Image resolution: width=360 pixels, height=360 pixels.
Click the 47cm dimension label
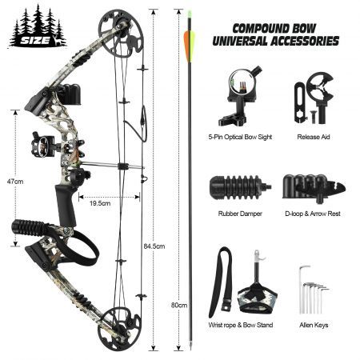pos(15,182)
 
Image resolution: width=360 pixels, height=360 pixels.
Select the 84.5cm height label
pos(154,246)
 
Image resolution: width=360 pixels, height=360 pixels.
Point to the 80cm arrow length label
pos(179,305)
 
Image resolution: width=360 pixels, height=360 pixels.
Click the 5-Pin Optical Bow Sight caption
pos(240,137)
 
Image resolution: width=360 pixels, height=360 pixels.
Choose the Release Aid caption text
pos(314,137)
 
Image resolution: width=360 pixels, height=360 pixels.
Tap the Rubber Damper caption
pos(240,214)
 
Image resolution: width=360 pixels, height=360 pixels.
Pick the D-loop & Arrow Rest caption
pos(313,214)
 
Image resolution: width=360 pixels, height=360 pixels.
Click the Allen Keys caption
pos(314,325)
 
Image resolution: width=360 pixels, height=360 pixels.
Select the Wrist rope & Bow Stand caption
pos(241,325)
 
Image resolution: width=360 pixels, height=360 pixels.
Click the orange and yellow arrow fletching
pos(190,46)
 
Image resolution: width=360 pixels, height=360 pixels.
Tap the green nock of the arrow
pos(190,14)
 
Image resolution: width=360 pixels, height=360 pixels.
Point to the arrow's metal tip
pos(190,346)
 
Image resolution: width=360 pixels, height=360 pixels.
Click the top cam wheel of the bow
pos(121,34)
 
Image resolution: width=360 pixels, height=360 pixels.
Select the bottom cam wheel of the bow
pos(122,329)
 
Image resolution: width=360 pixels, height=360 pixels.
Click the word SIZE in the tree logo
pos(35,41)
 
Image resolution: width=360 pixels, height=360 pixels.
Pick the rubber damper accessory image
pos(240,187)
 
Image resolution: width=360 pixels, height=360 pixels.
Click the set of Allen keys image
pos(314,290)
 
